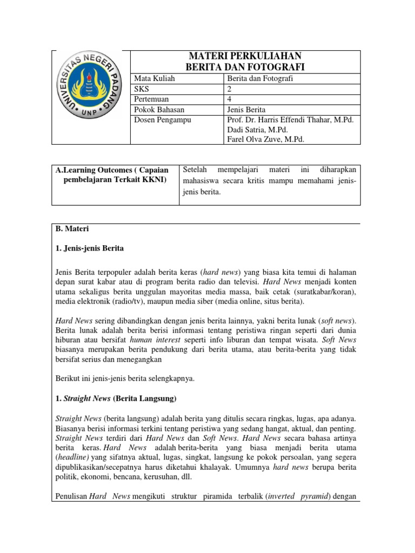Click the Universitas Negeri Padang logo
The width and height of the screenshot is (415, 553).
[91, 97]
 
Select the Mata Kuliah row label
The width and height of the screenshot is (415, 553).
[153, 78]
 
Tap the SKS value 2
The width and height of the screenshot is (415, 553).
[229, 89]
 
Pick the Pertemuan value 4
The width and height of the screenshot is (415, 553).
[229, 99]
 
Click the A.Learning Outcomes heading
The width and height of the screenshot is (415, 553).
[112, 170]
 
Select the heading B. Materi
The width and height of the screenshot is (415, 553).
[69, 229]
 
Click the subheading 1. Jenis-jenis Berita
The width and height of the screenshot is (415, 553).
[90, 248]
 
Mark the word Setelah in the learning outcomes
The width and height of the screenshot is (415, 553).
[198, 170]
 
